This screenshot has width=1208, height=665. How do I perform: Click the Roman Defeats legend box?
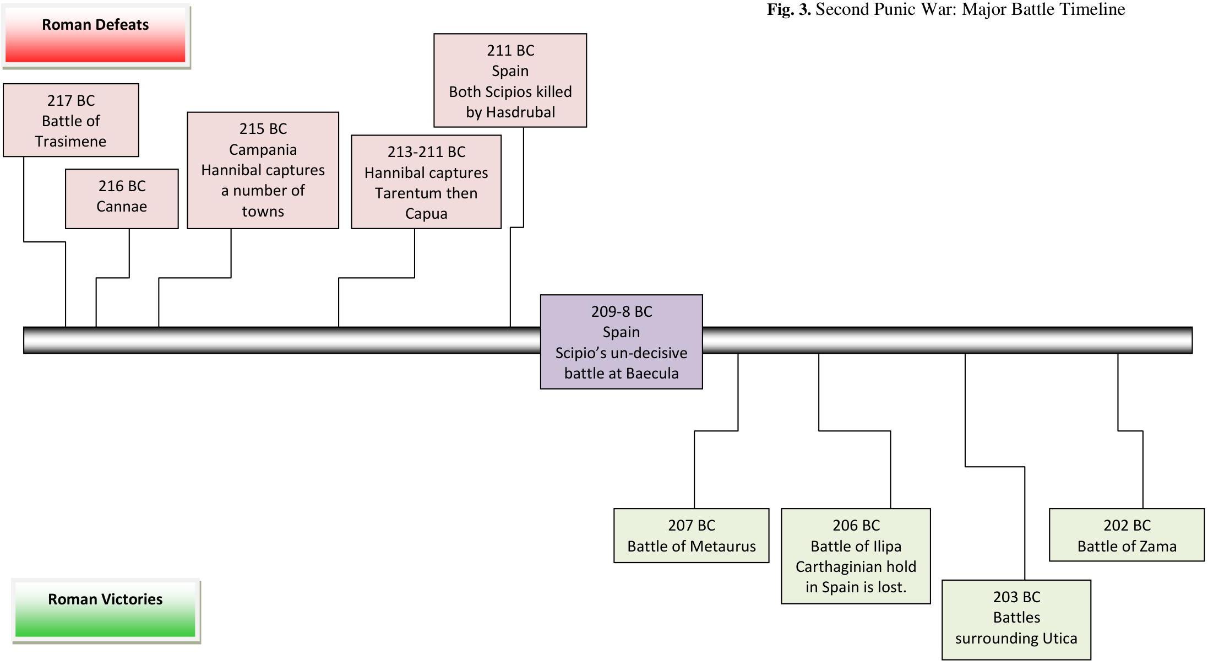pos(95,36)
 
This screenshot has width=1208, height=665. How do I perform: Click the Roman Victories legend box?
pos(105,610)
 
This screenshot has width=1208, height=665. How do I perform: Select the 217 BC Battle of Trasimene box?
pos(71,120)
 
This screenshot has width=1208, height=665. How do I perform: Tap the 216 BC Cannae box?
pos(122,198)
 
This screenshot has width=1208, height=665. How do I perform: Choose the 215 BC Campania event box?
pos(263,170)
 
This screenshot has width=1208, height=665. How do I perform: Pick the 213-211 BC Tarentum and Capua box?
pos(426,182)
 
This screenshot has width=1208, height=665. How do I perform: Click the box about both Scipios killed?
pos(510,80)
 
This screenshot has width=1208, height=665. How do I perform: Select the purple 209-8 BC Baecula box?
pos(621,342)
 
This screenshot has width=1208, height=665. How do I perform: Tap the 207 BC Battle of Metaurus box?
pos(691,535)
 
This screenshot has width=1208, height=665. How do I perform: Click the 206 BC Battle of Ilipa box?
pos(856,556)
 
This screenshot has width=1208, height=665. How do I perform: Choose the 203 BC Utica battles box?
pos(1016,619)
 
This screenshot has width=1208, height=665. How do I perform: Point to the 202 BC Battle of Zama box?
pos(1127,534)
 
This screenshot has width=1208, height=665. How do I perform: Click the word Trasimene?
pos(71,142)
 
